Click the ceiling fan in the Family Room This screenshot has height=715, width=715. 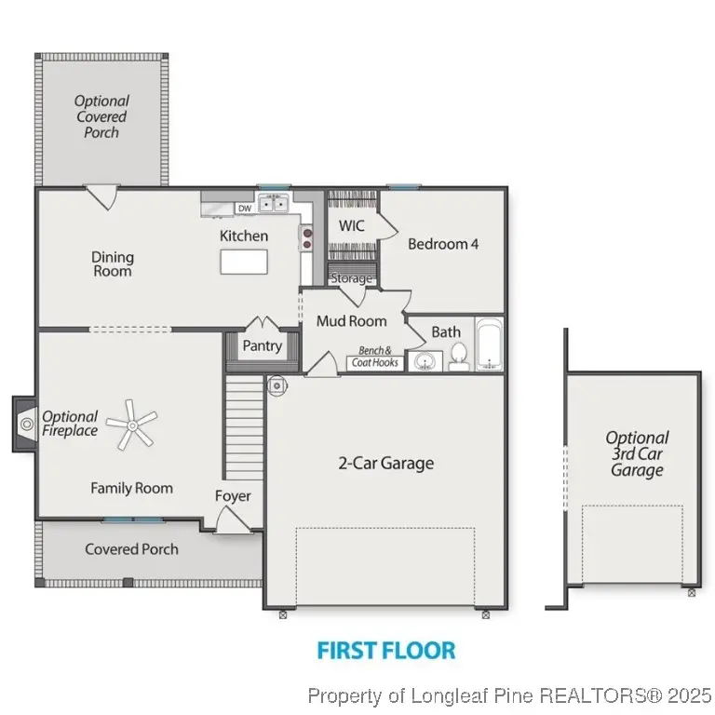(x=132, y=425)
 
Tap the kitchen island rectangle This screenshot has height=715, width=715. (x=244, y=262)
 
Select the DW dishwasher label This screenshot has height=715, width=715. (x=245, y=209)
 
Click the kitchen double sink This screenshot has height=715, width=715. (x=273, y=203)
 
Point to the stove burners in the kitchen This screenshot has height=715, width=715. (x=307, y=238)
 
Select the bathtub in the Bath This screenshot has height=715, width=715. (x=490, y=344)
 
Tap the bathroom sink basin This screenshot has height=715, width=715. (x=425, y=362)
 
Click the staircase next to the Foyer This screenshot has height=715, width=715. (x=245, y=427)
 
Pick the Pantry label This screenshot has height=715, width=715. (x=263, y=346)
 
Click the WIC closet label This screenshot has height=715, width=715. (x=352, y=225)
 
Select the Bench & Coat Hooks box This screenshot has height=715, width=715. (x=375, y=357)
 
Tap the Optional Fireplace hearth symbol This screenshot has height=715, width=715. (x=27, y=425)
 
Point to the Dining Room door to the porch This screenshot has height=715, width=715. (x=102, y=196)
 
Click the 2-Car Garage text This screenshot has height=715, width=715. (x=385, y=464)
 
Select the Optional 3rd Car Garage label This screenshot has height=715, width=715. (x=637, y=453)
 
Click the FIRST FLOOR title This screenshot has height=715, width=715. (x=386, y=650)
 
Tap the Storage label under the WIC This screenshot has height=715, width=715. (x=351, y=277)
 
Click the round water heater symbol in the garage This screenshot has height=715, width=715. (x=277, y=385)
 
